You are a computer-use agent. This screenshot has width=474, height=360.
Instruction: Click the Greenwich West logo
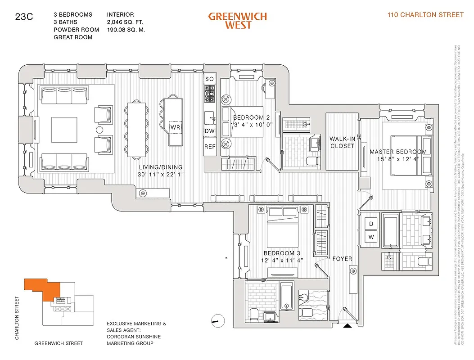(x=237, y=20)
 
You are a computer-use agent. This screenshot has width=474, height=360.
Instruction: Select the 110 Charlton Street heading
(x=425, y=15)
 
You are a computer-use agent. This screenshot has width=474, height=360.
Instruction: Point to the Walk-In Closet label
(x=343, y=142)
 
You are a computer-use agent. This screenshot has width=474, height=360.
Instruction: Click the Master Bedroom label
(x=398, y=152)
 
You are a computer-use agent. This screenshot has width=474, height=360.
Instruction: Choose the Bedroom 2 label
(x=252, y=118)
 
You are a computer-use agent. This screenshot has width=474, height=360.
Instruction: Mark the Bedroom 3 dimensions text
(x=283, y=260)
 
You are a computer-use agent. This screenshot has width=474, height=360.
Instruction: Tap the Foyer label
(x=342, y=259)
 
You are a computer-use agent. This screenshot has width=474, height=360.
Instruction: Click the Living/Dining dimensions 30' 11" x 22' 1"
(x=161, y=174)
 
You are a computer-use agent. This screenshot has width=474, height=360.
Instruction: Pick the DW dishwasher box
(x=210, y=131)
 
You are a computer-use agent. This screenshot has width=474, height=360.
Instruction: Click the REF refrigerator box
(x=210, y=147)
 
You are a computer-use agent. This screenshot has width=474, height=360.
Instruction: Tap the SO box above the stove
(x=209, y=79)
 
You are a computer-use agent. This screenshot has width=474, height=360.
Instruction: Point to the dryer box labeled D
(x=371, y=224)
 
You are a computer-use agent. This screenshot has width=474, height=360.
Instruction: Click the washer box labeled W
(x=371, y=237)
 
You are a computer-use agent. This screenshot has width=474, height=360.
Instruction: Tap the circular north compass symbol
(x=217, y=320)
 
